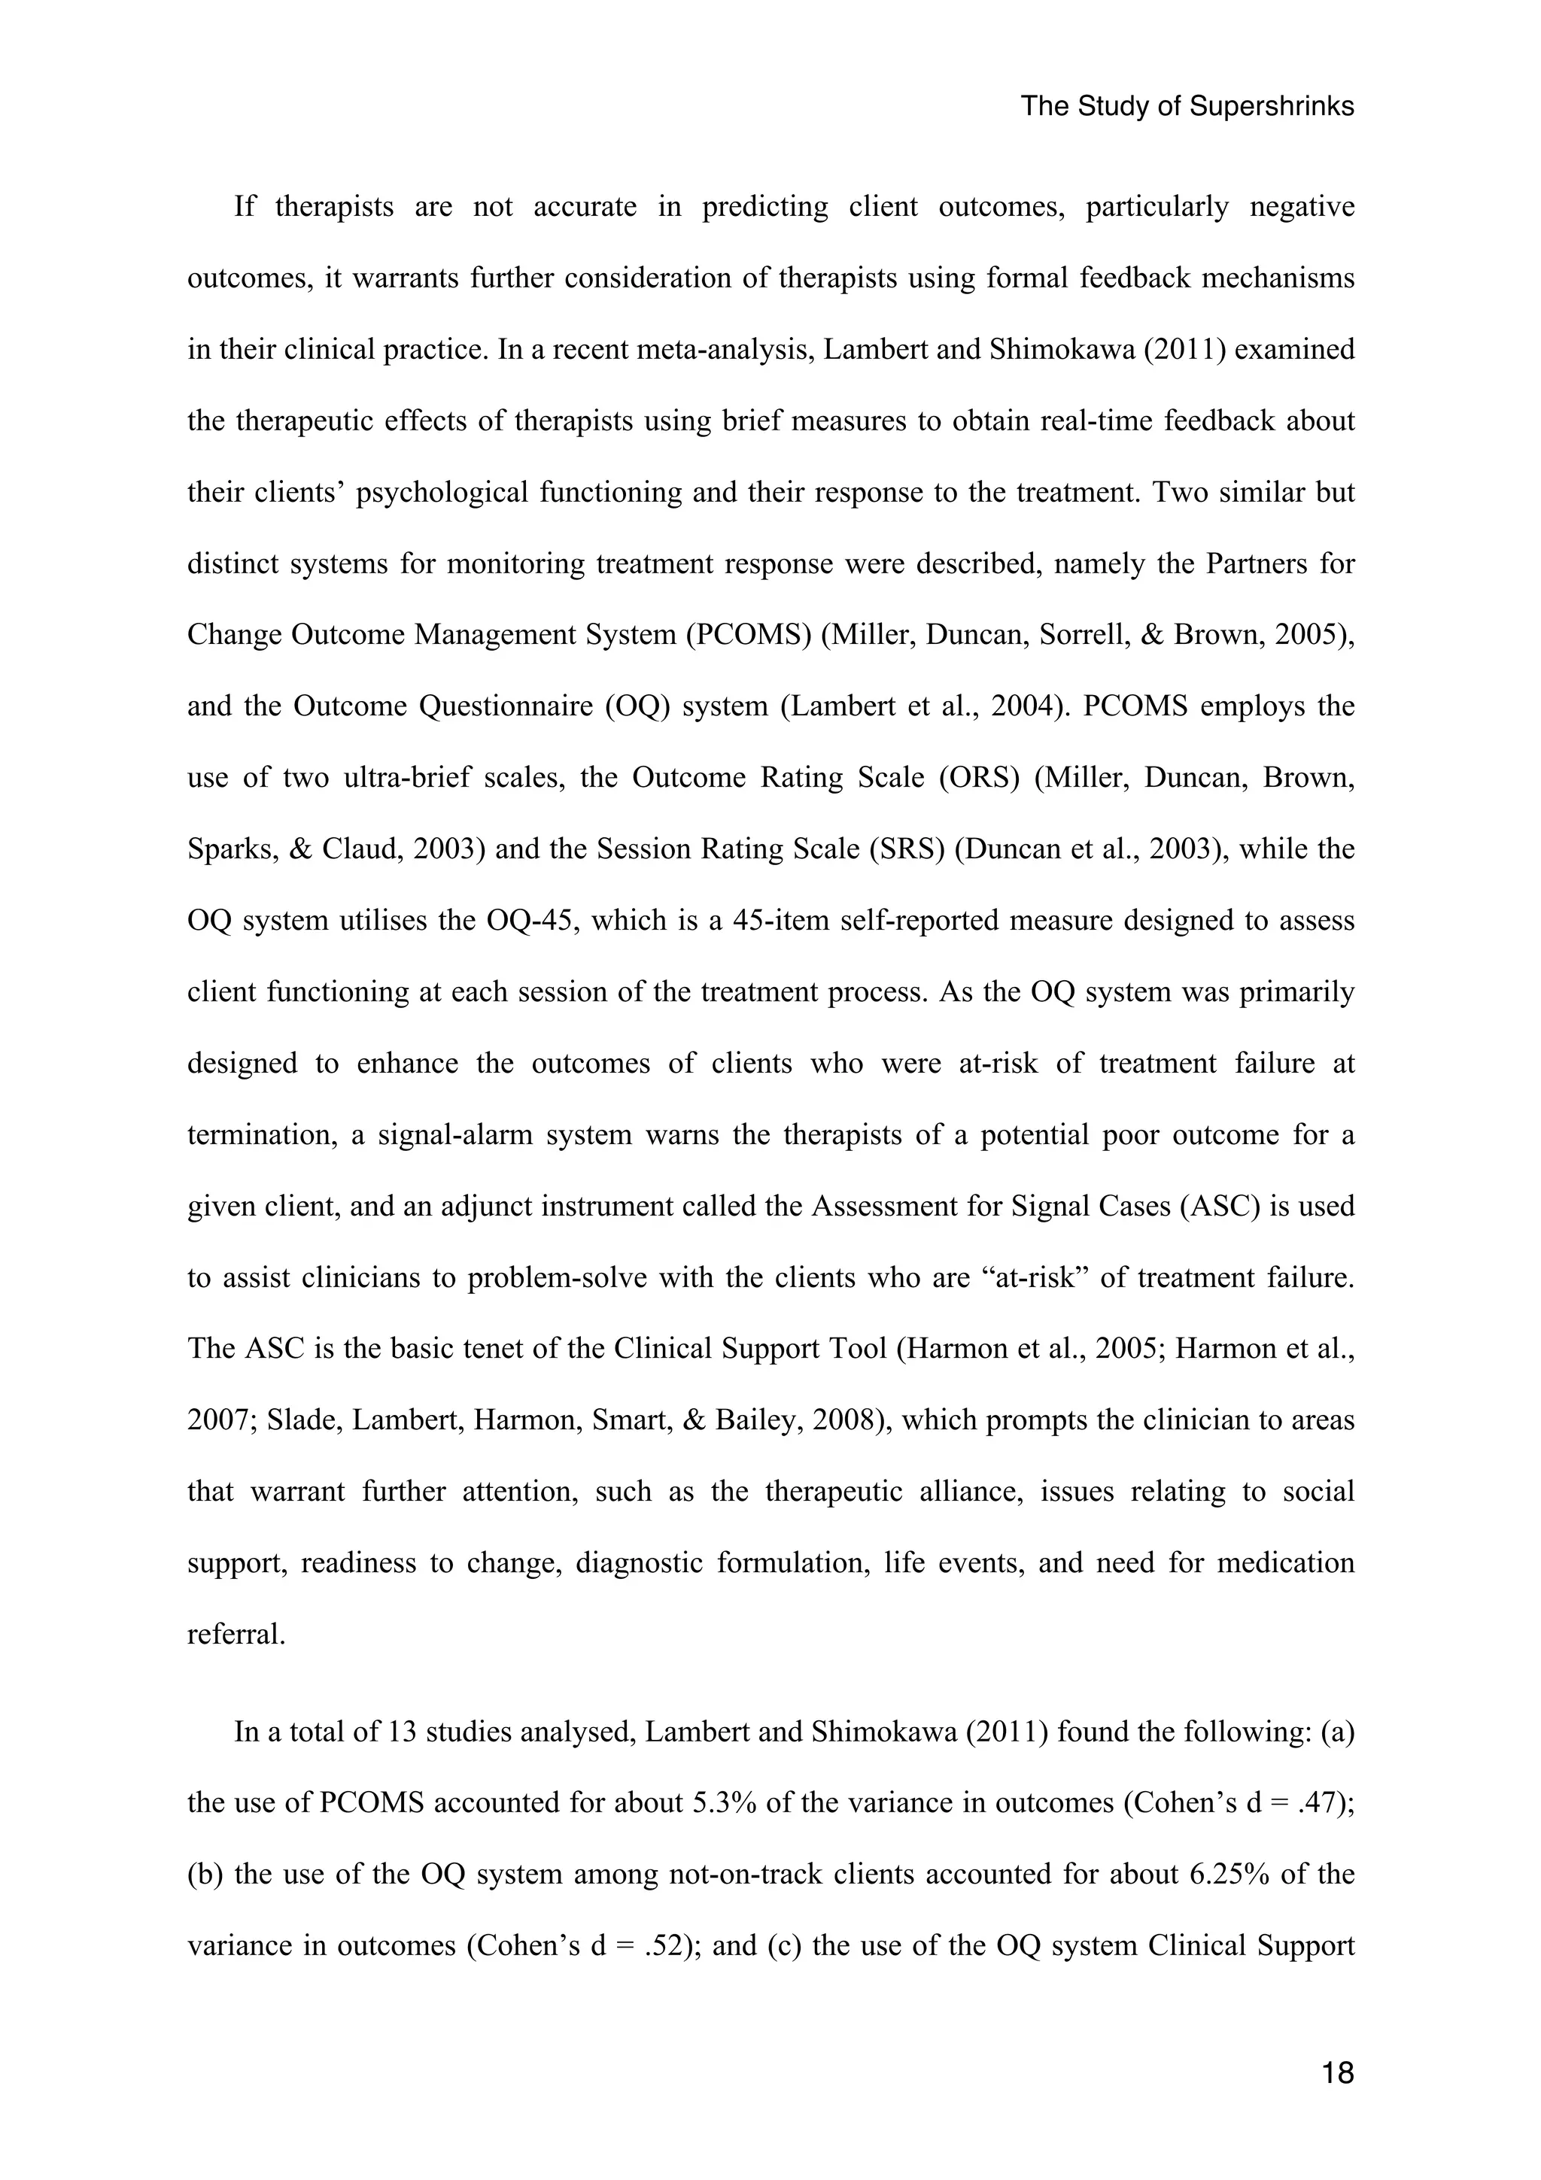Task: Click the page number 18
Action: click(1337, 2074)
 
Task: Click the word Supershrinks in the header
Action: click(1272, 106)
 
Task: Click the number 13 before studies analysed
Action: click(403, 1731)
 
